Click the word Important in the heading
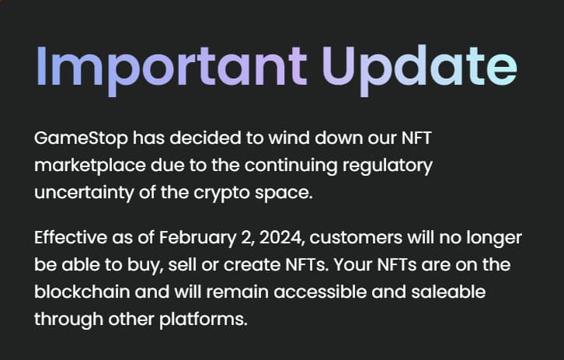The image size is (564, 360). coord(172,68)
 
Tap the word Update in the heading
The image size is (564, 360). coord(420,68)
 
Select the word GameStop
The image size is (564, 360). coord(81,139)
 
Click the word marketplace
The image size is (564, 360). coord(90,166)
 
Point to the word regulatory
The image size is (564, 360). coord(388,166)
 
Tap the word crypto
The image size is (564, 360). coord(221,194)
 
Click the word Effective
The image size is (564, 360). coord(71,238)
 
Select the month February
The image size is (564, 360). coord(197,239)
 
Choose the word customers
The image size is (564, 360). coord(356,239)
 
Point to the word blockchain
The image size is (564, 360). coord(82,292)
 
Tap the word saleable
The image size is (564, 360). coord(448,292)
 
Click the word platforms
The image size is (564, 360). coord(204,320)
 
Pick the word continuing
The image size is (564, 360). coord(291,166)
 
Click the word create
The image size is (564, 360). coord(252,265)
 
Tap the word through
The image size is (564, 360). coord(68,320)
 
